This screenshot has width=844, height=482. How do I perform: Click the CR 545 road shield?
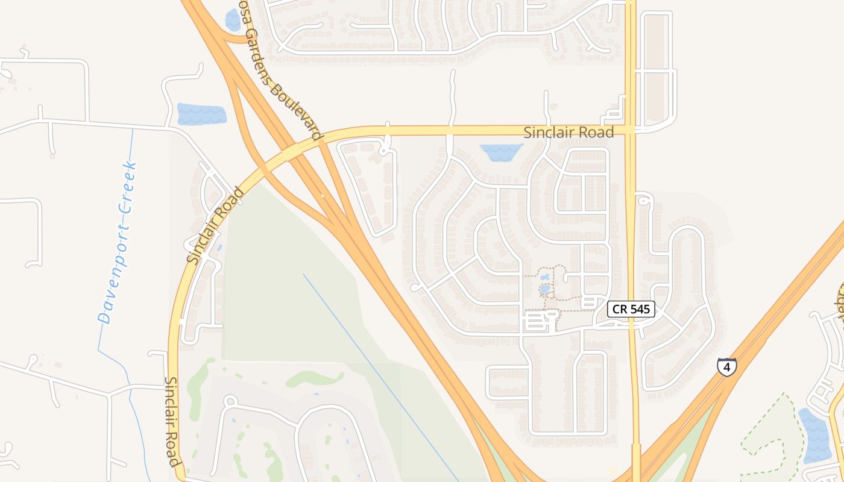point(631,309)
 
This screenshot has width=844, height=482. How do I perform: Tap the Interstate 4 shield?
point(726,366)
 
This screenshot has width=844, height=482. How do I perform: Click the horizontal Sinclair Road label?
point(568,133)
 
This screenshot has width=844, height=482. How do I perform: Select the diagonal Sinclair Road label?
point(216,226)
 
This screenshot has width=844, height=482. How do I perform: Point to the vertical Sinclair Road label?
point(172,422)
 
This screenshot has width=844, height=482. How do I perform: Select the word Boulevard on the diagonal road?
point(295,111)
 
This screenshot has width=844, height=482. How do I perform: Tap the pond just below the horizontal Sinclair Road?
point(500,152)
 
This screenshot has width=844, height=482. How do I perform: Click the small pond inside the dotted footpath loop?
point(545,289)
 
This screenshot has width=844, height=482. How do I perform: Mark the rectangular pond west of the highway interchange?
point(201,114)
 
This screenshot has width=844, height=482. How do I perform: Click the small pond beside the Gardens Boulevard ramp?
point(233,20)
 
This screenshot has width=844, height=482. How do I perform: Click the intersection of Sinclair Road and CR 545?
point(631,130)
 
